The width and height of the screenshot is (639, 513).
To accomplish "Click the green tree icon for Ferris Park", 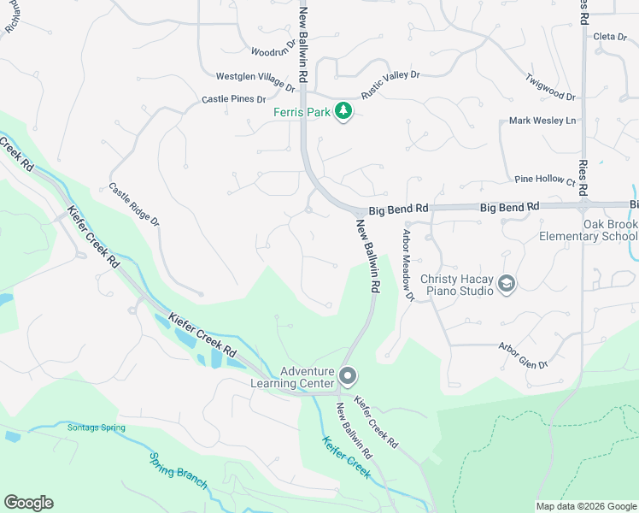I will [x=343, y=111].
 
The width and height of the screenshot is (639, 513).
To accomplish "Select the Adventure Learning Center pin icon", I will [x=348, y=375].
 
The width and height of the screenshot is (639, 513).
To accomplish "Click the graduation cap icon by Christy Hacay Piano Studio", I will [x=507, y=284].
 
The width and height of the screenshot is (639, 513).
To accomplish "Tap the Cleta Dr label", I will [x=610, y=36].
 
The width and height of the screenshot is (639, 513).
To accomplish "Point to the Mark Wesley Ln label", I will [x=542, y=121].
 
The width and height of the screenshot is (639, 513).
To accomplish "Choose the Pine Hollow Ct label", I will [x=545, y=179].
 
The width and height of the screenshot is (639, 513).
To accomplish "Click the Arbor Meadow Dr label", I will [x=407, y=265].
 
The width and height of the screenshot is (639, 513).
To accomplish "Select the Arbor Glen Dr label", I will [x=523, y=355].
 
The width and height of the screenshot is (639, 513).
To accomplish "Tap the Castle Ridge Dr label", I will [x=134, y=204].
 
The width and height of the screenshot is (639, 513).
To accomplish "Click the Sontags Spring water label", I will [x=96, y=427].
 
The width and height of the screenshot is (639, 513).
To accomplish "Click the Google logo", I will [x=28, y=503].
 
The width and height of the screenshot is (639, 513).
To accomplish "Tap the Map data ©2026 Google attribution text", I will [x=585, y=506].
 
